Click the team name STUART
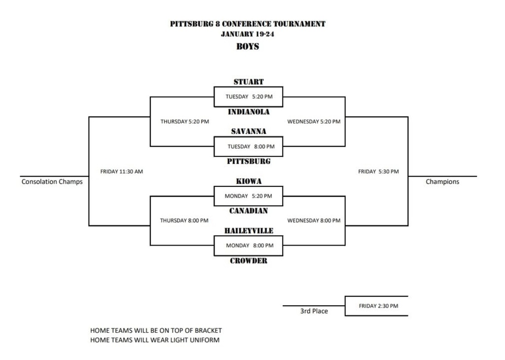pyautogui.click(x=249, y=82)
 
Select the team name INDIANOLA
pyautogui.click(x=249, y=112)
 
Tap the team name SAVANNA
pyautogui.click(x=249, y=132)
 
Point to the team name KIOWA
pyautogui.click(x=249, y=181)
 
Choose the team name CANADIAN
pyautogui.click(x=249, y=211)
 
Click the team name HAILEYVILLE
pyautogui.click(x=249, y=231)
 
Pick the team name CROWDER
pyautogui.click(x=249, y=261)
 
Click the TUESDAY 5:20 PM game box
pyautogui.click(x=249, y=97)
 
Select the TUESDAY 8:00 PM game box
pyautogui.click(x=249, y=146)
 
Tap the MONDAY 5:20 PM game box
pyautogui.click(x=249, y=196)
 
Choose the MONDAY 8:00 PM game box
pyautogui.click(x=249, y=246)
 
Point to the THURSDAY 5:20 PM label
pyautogui.click(x=184, y=121)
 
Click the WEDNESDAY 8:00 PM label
pyautogui.click(x=314, y=220)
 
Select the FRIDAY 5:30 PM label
pyautogui.click(x=378, y=172)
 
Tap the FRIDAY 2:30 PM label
pyautogui.click(x=378, y=306)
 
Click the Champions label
pyautogui.click(x=442, y=181)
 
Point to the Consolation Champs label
pyautogui.click(x=52, y=181)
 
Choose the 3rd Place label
pyautogui.click(x=314, y=311)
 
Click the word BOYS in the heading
pyautogui.click(x=248, y=47)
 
